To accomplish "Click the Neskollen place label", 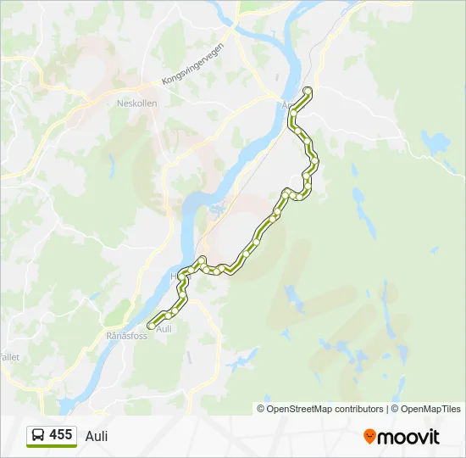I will click(x=136, y=103).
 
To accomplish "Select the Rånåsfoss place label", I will click(x=127, y=336).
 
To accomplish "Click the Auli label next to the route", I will click(x=164, y=329).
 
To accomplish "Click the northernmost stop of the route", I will click(x=308, y=90).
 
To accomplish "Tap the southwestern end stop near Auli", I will click(x=152, y=325).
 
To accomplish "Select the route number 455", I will click(x=60, y=434).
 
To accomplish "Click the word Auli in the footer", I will click(x=97, y=436).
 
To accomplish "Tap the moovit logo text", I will click(x=408, y=437).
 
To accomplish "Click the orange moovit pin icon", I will click(x=369, y=436).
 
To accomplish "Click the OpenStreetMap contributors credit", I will click(x=325, y=409).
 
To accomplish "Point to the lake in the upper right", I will click(x=434, y=146).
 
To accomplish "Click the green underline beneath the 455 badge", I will click(x=51, y=446).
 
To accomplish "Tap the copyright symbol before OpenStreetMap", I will click(x=261, y=409).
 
